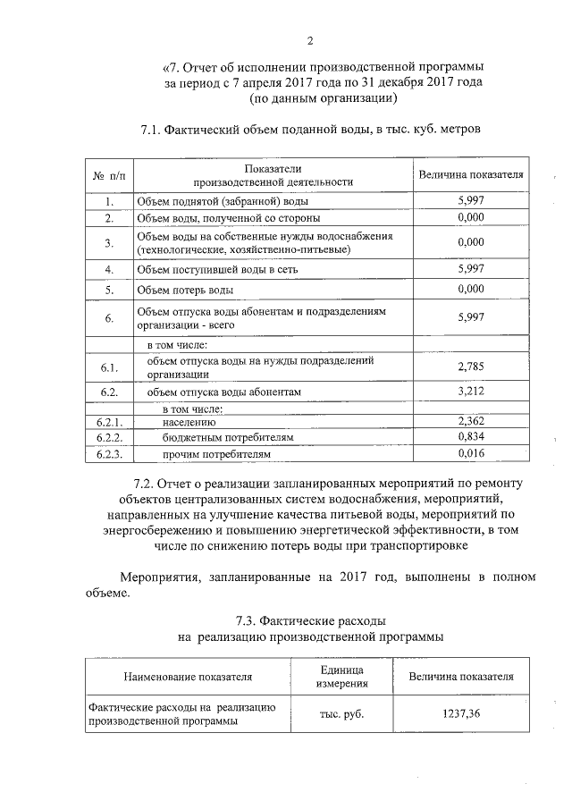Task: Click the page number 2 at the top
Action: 310,40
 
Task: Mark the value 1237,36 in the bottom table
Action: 461,714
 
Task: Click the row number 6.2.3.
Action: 108,454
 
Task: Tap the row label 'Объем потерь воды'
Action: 185,291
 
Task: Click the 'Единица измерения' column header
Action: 341,677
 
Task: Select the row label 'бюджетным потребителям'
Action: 227,438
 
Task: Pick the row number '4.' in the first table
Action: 108,268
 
